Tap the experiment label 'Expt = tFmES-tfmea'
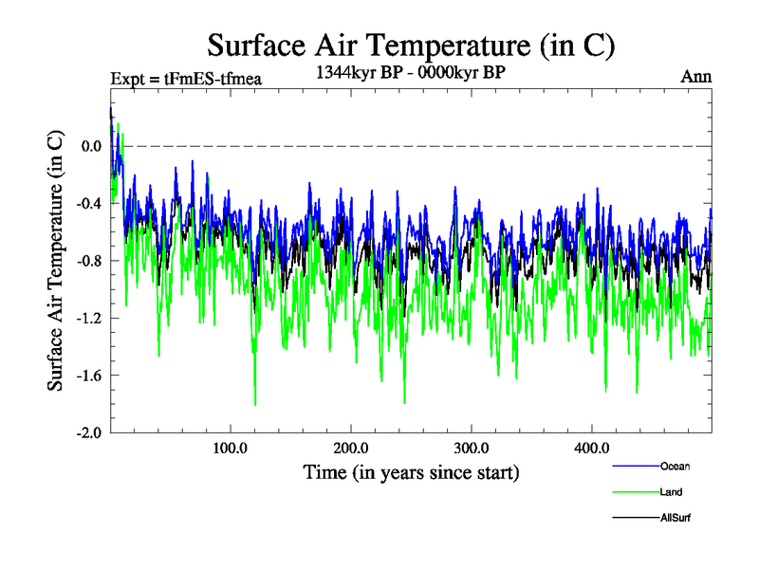[186, 79]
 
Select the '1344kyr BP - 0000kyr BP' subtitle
[412, 71]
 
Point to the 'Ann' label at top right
[696, 77]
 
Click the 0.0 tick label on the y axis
[91, 146]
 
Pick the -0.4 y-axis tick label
[88, 204]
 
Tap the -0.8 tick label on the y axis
[88, 261]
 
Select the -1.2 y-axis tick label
[88, 318]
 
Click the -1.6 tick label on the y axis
[88, 376]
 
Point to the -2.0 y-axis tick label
[88, 432]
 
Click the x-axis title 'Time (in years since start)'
[411, 472]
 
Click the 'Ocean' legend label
[676, 467]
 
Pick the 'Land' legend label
[671, 492]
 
